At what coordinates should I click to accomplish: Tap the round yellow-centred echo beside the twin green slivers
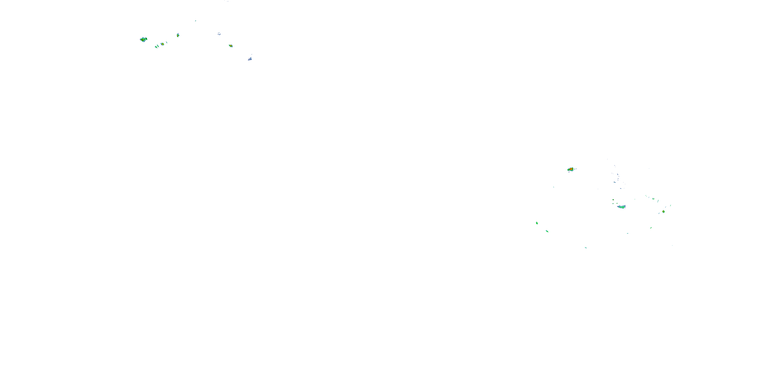tap(162, 44)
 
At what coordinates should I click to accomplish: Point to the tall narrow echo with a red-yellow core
tap(178, 35)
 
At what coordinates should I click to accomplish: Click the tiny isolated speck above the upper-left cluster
tap(195, 21)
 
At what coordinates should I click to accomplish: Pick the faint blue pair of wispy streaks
tap(219, 33)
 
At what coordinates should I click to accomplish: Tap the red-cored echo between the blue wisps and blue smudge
tap(231, 46)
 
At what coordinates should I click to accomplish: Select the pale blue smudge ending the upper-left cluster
tap(250, 59)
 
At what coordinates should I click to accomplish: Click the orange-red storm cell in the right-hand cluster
tap(571, 169)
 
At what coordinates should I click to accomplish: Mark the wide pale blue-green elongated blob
tap(621, 207)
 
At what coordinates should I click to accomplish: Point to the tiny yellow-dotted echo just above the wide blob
tap(613, 200)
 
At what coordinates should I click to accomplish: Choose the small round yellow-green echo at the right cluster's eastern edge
tap(663, 212)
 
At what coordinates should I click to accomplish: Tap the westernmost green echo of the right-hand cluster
tap(537, 223)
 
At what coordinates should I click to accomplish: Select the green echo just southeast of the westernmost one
tap(547, 231)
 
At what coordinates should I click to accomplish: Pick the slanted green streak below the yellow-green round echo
tap(651, 228)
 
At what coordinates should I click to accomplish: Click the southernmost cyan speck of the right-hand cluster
tap(586, 248)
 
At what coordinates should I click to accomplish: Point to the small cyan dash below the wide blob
tap(627, 233)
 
